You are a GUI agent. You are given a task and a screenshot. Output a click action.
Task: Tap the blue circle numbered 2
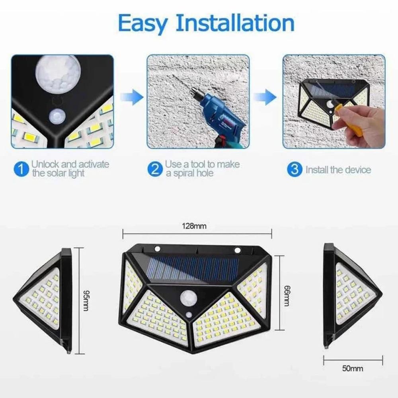pos(155,169)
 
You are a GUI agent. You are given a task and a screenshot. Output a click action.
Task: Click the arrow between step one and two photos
pos(131,97)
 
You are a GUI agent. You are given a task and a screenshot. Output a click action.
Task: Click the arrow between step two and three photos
pos(265,97)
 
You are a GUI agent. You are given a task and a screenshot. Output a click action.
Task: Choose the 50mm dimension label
pos(353,368)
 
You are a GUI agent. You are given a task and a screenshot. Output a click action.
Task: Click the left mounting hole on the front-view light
pos(158,249)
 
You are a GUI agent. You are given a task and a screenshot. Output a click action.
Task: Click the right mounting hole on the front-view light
pos(237,250)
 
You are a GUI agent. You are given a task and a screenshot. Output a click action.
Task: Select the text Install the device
pos(338,170)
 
